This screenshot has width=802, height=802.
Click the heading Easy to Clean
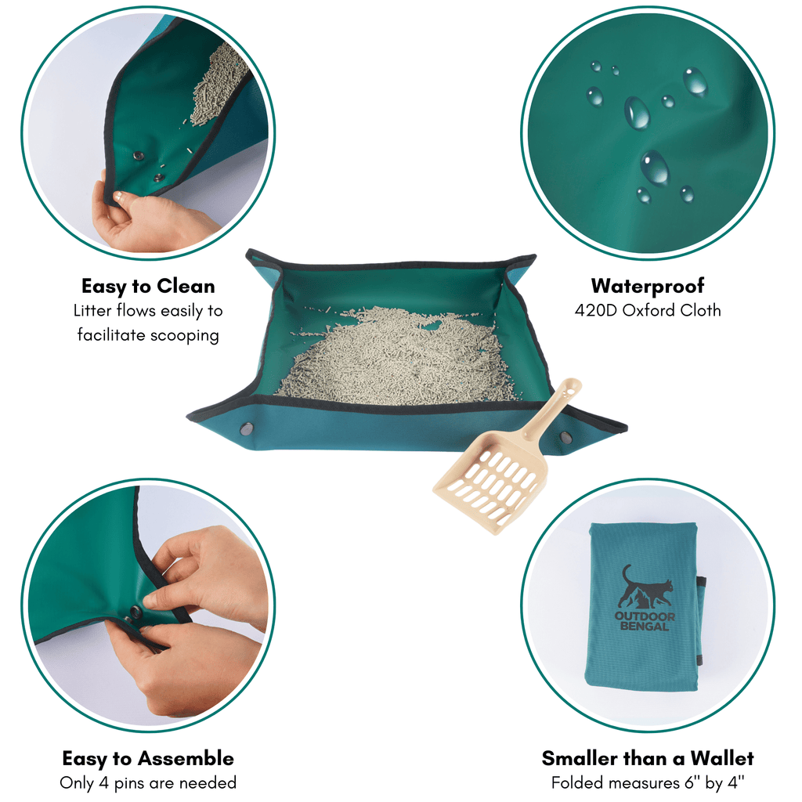[148, 286]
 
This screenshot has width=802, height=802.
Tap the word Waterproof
[648, 286]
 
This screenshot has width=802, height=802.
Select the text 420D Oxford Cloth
[648, 310]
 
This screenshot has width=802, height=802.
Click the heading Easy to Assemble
[148, 758]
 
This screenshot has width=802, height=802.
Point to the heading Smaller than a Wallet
[648, 758]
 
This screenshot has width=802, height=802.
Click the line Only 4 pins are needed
[148, 782]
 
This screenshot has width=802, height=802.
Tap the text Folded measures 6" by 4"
[648, 782]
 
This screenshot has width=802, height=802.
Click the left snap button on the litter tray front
[247, 429]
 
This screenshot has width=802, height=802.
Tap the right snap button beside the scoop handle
[565, 437]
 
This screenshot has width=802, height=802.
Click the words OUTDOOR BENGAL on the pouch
[645, 621]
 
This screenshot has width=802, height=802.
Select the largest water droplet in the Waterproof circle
[654, 167]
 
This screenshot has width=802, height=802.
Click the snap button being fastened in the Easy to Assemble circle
[136, 610]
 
